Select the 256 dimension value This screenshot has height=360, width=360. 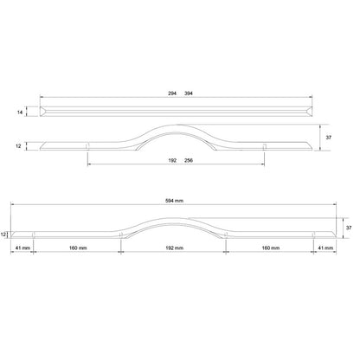click(x=189, y=160)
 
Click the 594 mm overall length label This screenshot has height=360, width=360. click(x=174, y=200)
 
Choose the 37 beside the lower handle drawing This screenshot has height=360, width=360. click(x=349, y=228)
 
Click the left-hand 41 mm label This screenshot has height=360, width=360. click(x=22, y=248)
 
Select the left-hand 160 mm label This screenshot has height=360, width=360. click(x=78, y=248)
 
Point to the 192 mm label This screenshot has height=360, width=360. click(x=174, y=248)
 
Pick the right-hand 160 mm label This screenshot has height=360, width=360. click(x=269, y=248)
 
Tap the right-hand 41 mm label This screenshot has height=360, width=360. click(x=325, y=248)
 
